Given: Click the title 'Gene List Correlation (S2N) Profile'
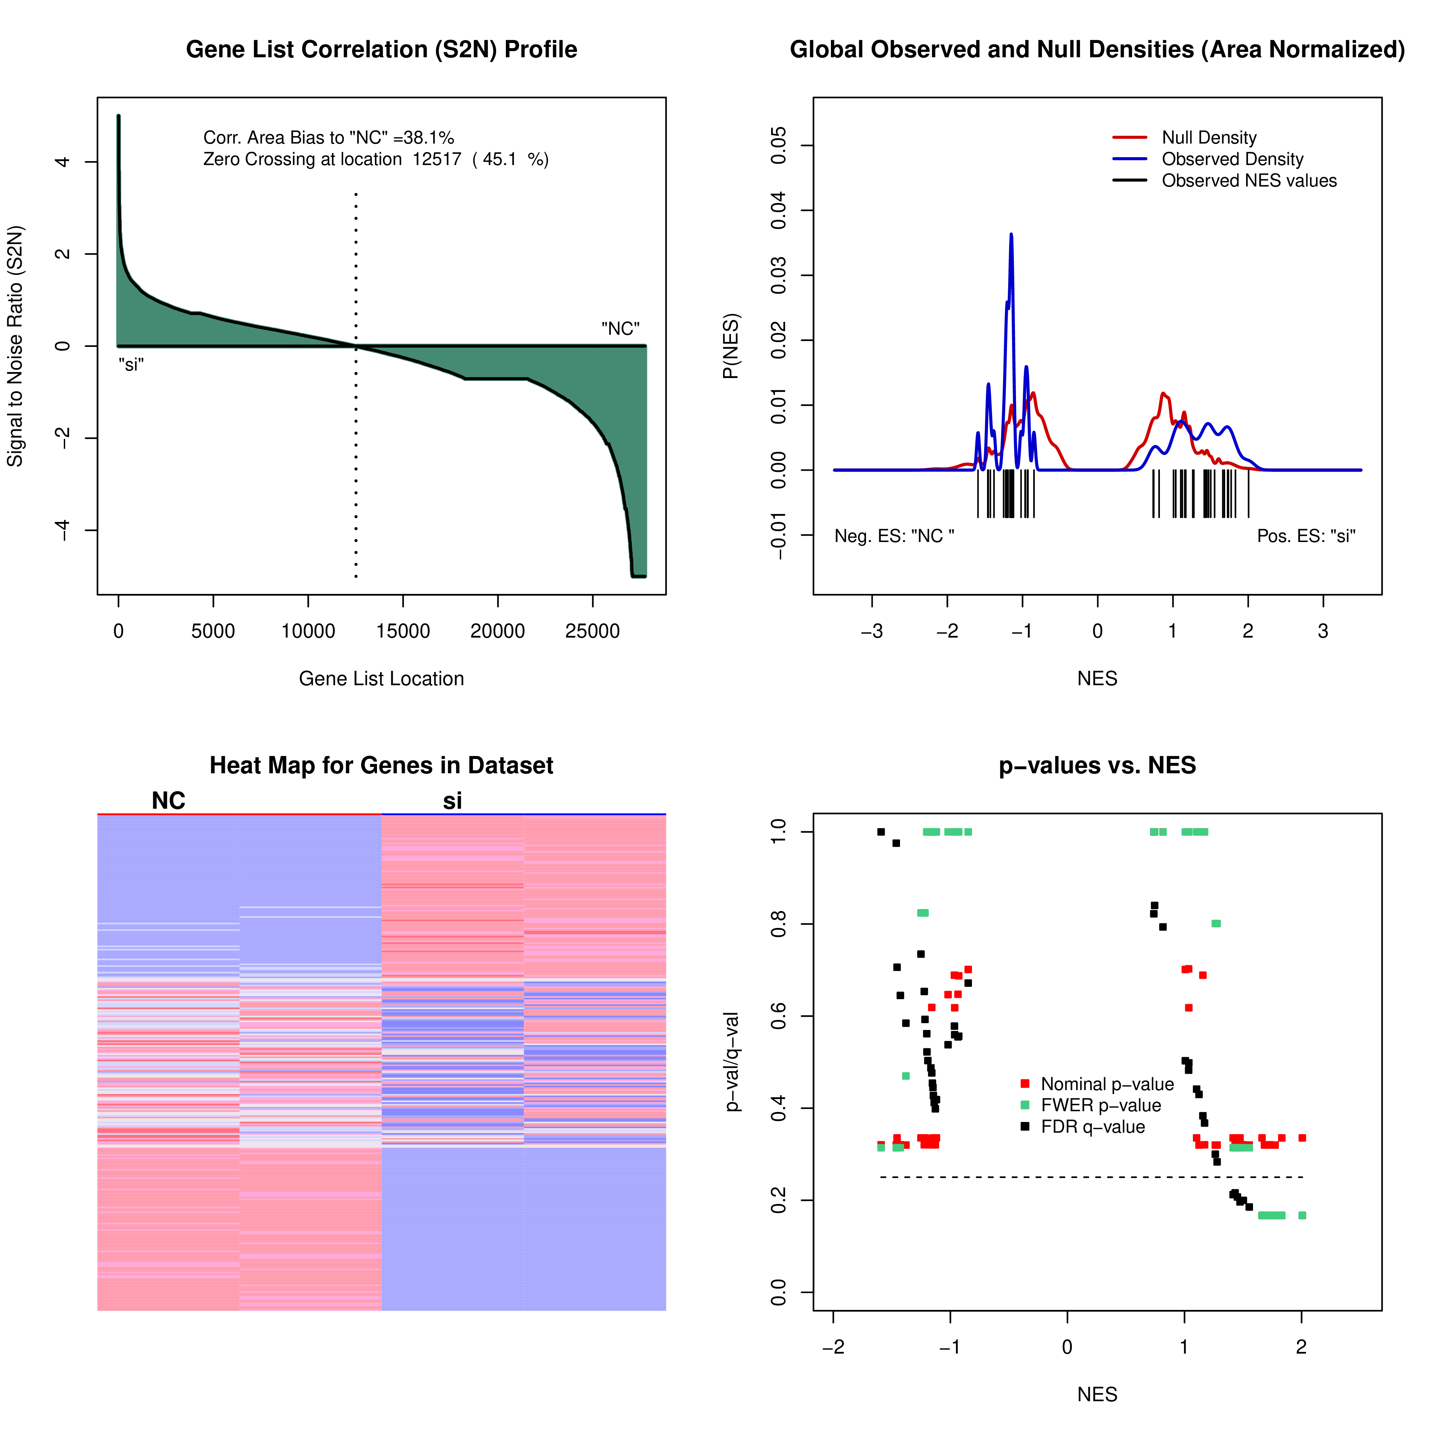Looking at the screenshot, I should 381,50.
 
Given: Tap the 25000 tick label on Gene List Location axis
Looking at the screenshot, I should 592,632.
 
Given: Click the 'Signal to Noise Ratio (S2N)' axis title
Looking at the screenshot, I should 15,346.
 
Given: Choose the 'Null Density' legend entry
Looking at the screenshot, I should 1208,138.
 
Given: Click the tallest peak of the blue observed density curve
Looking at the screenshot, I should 1011,236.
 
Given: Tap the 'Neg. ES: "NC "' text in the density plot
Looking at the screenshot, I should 894,536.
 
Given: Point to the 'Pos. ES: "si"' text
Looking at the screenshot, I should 1306,536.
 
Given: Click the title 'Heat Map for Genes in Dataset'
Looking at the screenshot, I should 381,766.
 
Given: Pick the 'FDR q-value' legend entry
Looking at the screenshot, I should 1093,1127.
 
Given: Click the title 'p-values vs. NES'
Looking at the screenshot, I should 1097,766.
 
